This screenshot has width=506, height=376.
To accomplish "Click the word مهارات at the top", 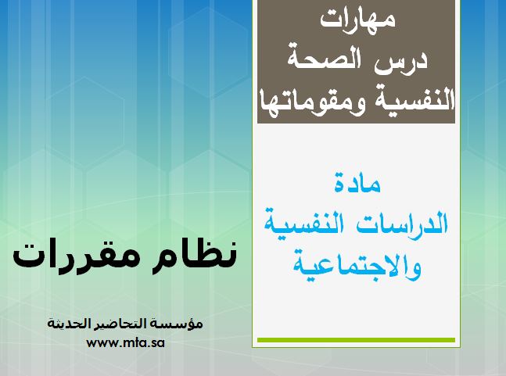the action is pyautogui.click(x=358, y=19).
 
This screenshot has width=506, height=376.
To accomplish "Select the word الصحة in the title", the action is pyautogui.click(x=326, y=59).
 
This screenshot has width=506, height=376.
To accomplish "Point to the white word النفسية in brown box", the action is pyautogui.click(x=414, y=99).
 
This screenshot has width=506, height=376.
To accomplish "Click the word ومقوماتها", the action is pyautogui.click(x=313, y=102).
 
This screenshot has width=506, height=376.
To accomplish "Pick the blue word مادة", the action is pyautogui.click(x=357, y=183).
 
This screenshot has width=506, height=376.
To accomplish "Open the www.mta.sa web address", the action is pyautogui.click(x=126, y=342).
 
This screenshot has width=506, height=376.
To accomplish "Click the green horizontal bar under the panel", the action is pyautogui.click(x=356, y=340).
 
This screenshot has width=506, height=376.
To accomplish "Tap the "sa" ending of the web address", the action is pyautogui.click(x=157, y=343).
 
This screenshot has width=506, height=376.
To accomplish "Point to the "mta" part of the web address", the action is pyautogui.click(x=129, y=343).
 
